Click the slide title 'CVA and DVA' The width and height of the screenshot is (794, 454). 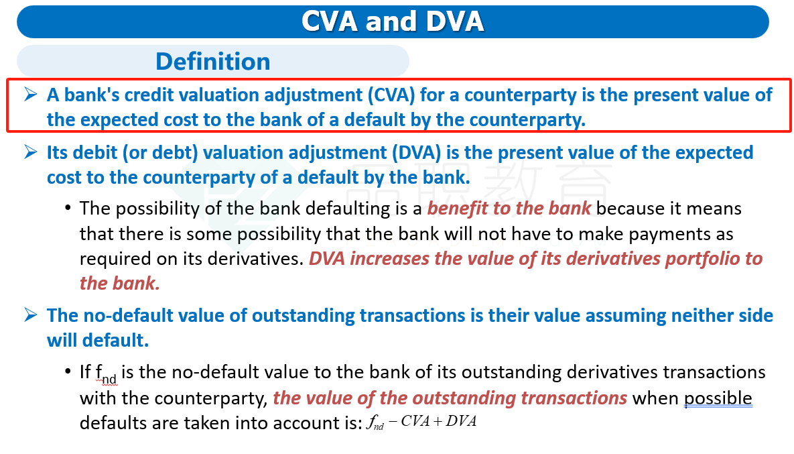click(393, 21)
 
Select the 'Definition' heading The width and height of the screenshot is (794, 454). click(212, 61)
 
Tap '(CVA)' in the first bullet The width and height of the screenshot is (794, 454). click(391, 95)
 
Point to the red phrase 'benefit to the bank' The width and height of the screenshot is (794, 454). click(509, 209)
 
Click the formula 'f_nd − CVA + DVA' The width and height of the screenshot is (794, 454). click(421, 422)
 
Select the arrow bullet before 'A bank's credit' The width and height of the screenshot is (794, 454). click(30, 95)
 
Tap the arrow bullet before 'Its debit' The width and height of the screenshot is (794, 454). click(30, 152)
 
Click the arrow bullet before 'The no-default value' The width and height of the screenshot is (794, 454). click(30, 315)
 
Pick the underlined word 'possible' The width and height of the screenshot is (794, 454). click(718, 399)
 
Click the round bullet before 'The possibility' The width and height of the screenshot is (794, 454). click(68, 208)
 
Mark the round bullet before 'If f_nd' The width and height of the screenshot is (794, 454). click(68, 372)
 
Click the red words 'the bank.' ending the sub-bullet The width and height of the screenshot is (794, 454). click(119, 284)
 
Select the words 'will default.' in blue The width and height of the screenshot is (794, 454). click(98, 341)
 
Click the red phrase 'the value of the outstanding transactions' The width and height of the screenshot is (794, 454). click(450, 398)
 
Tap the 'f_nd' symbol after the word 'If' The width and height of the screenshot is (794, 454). click(106, 374)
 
